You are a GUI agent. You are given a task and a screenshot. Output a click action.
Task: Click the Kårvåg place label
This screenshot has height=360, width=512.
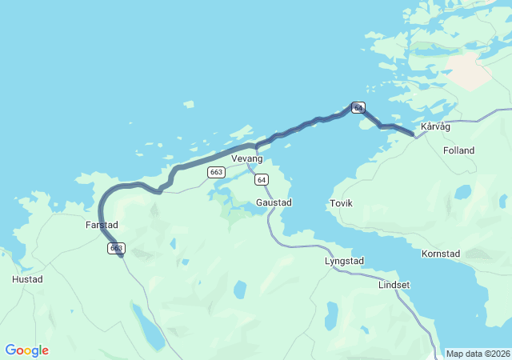click(x=435, y=126)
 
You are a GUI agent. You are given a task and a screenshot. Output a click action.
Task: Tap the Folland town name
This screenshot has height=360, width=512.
click(x=458, y=150)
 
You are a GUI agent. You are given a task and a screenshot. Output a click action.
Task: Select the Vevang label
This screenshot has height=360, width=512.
click(x=246, y=159)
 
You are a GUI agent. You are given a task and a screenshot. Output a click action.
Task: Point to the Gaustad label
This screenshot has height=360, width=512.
click(x=273, y=202)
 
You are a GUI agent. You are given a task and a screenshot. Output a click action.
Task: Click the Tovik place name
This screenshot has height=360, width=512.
click(x=341, y=203)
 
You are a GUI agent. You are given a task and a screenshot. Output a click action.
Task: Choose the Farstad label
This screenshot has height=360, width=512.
click(x=102, y=226)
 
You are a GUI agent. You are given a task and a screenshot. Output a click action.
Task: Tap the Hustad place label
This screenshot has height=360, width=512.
click(x=27, y=279)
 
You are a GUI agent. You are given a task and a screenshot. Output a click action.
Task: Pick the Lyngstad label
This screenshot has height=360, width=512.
click(x=344, y=261)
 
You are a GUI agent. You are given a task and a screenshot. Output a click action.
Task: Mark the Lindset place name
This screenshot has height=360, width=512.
click(x=394, y=285)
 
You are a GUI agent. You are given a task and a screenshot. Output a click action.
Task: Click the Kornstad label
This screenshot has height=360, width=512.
click(x=441, y=254)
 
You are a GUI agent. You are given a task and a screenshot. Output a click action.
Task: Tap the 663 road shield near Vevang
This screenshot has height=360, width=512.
click(x=215, y=172)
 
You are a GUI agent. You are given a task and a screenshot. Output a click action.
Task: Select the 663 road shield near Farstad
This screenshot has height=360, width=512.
click(x=115, y=249)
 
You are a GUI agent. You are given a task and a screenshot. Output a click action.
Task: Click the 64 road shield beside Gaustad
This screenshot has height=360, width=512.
click(x=262, y=179)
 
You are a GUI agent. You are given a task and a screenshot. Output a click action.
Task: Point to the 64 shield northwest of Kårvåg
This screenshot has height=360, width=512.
click(x=358, y=107)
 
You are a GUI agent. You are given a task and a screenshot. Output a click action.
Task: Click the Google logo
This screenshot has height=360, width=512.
click(x=27, y=350)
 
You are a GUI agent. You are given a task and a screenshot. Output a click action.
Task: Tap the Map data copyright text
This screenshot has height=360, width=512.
click(x=477, y=354)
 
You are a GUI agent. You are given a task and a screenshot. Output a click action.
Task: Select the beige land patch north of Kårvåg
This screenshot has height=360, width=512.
click(x=468, y=71)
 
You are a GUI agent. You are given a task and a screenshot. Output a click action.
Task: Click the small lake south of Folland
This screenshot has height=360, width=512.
click(x=463, y=192)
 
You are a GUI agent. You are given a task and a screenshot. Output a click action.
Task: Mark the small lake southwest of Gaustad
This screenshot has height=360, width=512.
click(x=238, y=290)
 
